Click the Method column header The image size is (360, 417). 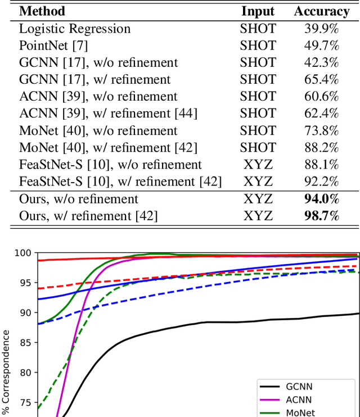(x=42, y=11)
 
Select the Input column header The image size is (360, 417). (x=258, y=11)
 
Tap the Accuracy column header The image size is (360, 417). (x=321, y=11)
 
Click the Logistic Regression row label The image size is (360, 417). (x=75, y=28)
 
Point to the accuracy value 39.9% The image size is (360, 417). (x=321, y=28)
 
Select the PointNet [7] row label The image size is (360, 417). (x=53, y=45)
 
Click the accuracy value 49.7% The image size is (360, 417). (x=321, y=45)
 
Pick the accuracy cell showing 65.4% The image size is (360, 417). (x=321, y=79)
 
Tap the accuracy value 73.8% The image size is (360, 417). (x=321, y=130)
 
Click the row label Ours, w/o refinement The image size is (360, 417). (x=79, y=198)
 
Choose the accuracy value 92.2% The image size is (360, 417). (x=321, y=182)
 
